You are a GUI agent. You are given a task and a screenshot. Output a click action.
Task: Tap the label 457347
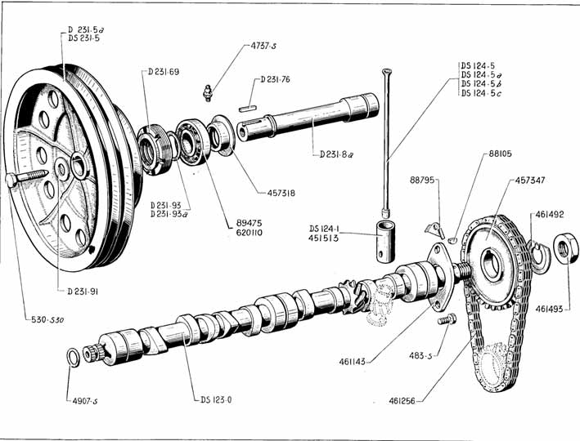pos(533,180)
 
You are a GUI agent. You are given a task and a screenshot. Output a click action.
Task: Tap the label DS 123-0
pos(216,400)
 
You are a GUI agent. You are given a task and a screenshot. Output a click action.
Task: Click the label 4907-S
pos(83,401)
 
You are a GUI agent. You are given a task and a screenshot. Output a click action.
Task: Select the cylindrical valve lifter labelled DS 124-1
pos(383,239)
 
